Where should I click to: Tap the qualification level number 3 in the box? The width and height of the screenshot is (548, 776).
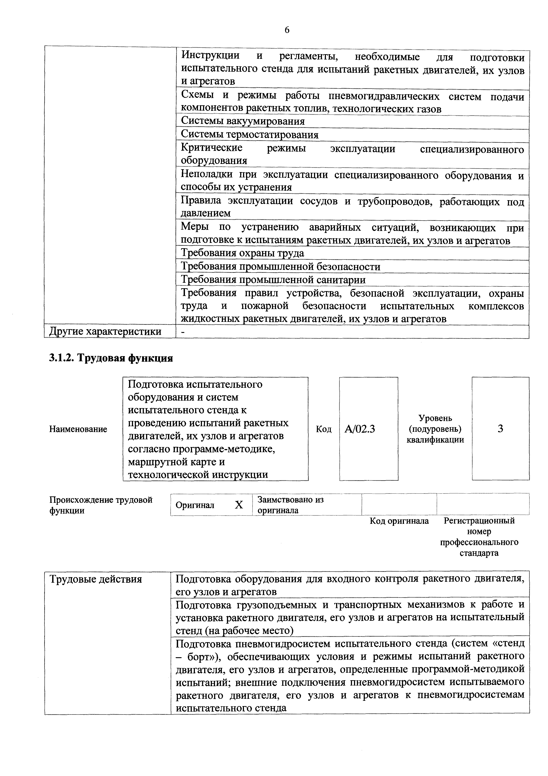(x=500, y=428)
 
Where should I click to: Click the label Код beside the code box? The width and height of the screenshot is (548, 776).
(x=323, y=429)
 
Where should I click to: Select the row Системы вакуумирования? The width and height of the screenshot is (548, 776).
(x=243, y=121)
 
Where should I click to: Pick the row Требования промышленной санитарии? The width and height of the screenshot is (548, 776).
(x=273, y=280)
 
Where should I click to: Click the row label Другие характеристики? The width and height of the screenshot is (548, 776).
(x=105, y=332)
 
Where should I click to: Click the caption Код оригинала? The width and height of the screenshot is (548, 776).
(x=399, y=521)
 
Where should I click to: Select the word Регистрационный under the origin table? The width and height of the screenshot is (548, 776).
(x=479, y=521)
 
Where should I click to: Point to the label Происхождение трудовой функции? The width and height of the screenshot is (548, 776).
(x=101, y=505)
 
